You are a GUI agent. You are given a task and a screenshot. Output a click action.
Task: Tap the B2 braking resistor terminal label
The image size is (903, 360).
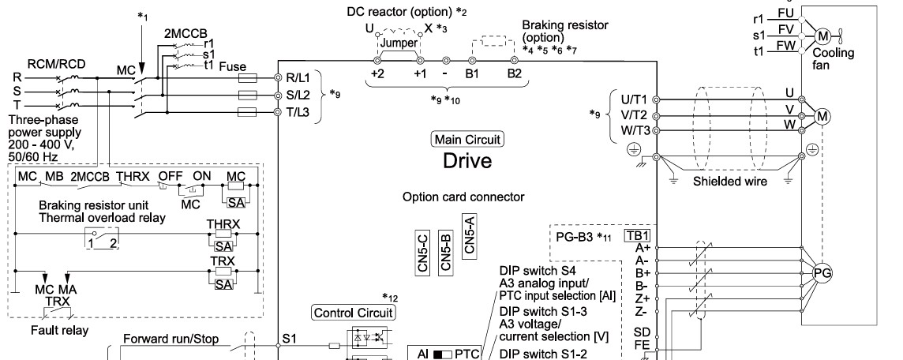[x=515, y=73]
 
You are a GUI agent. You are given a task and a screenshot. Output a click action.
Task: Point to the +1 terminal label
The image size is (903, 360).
[x=418, y=73]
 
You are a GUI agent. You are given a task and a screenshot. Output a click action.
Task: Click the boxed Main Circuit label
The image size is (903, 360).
[x=467, y=140]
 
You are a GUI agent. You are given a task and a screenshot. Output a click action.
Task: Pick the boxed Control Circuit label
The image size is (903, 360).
[x=354, y=313]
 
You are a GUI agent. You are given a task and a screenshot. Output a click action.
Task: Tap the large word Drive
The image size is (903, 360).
[x=467, y=161]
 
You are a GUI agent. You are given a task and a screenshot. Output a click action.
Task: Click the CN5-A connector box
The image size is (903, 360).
[x=469, y=235]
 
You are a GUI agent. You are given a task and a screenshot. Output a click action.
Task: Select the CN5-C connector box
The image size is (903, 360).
[x=423, y=253]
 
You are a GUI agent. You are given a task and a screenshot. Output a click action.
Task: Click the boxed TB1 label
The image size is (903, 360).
[x=638, y=235]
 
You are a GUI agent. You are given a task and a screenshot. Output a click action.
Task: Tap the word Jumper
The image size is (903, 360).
[x=399, y=43]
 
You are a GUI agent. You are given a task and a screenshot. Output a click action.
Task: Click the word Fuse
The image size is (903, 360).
[x=233, y=67]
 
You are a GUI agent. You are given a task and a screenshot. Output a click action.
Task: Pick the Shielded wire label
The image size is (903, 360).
[x=730, y=182]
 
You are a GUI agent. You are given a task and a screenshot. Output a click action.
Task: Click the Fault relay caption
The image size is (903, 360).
[x=60, y=331]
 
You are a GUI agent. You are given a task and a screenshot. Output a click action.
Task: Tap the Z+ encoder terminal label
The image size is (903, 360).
[x=643, y=299]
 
